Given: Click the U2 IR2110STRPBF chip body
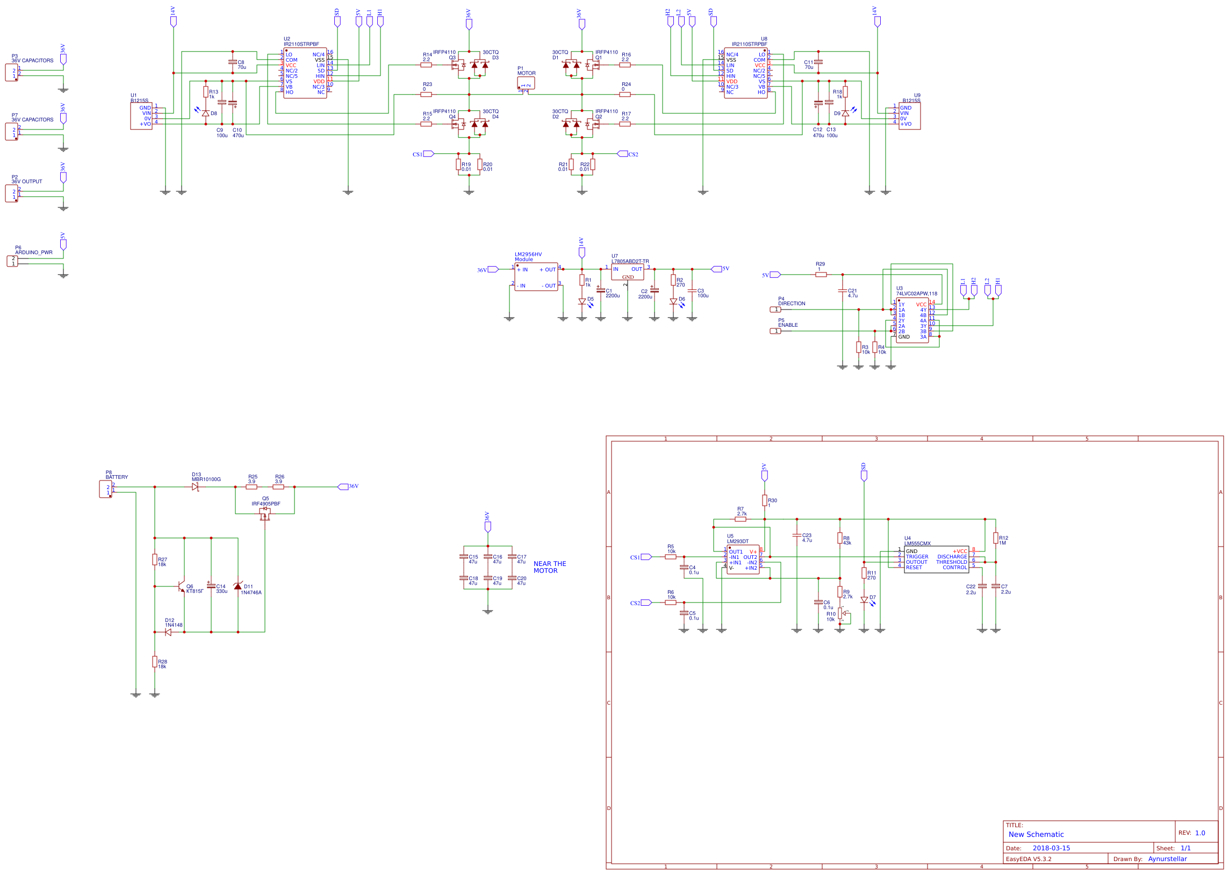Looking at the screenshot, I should pyautogui.click(x=305, y=73).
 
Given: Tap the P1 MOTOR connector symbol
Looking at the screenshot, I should pyautogui.click(x=526, y=83).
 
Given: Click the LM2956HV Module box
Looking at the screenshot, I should pyautogui.click(x=536, y=277).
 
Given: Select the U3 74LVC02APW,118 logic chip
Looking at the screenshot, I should pyautogui.click(x=912, y=320).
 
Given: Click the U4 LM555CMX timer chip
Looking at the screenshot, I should pyautogui.click(x=936, y=560).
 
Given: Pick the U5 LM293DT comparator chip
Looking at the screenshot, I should pyautogui.click(x=743, y=560).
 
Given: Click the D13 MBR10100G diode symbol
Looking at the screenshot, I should pyautogui.click(x=195, y=487).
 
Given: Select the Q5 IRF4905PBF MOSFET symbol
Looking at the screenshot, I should pyautogui.click(x=264, y=514).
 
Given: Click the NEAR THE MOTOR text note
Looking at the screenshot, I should pyautogui.click(x=549, y=567).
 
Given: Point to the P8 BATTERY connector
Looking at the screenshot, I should pyautogui.click(x=105, y=489).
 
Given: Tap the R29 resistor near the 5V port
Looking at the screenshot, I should pyautogui.click(x=820, y=275).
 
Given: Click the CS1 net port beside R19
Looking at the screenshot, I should pyautogui.click(x=428, y=154).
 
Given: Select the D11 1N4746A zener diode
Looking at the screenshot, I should pyautogui.click(x=238, y=586).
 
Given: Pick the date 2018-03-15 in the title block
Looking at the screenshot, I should pyautogui.click(x=1051, y=848).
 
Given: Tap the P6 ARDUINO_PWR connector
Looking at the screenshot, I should pyautogui.click(x=12, y=261).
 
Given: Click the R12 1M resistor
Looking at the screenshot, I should pyautogui.click(x=995, y=538).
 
